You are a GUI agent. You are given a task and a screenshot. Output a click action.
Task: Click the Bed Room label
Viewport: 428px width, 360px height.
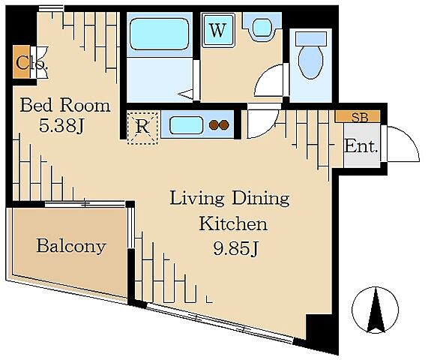tap(65, 106)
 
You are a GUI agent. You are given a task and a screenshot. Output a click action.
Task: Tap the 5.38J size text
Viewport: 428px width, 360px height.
tap(61, 126)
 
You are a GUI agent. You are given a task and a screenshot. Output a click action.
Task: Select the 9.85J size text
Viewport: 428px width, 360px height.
tap(235, 248)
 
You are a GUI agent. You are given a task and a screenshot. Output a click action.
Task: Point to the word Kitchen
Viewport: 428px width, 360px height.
tap(233, 224)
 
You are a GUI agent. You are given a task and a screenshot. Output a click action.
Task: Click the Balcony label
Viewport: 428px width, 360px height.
tap(71, 246)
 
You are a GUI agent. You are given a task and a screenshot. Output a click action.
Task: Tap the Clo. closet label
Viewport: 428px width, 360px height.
tap(31, 63)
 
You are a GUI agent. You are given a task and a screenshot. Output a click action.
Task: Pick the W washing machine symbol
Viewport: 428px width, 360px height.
tap(218, 30)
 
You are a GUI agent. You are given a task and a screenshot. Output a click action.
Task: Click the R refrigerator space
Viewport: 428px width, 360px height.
tap(142, 127)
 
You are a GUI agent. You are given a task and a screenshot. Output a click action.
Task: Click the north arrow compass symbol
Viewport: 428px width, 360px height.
tap(376, 310)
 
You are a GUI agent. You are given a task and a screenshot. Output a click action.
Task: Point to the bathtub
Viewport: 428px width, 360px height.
tap(160, 34)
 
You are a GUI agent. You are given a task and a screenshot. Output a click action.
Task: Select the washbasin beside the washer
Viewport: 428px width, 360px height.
tap(262, 27)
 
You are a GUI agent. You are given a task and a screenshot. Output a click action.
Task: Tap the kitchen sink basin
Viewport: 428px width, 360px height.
tap(187, 126)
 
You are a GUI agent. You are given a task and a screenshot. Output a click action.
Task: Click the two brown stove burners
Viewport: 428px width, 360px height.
tap(219, 125)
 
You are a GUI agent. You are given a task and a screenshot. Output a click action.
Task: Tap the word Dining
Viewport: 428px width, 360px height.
tap(261, 199)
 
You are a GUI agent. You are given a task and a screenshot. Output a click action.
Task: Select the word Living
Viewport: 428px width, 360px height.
tap(197, 199)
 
